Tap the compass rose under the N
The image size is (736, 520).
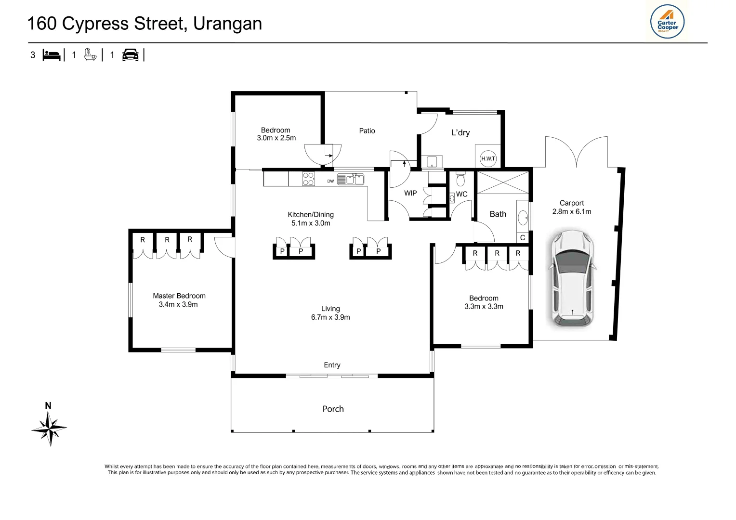coord(50,428)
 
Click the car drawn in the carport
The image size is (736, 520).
coord(572,278)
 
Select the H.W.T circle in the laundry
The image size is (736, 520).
coord(488,158)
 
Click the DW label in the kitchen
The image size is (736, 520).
coord(330,182)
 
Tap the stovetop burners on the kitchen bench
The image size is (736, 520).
coord(308,179)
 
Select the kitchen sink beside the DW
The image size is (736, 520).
coord(351,180)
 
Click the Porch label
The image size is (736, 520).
coord(333,409)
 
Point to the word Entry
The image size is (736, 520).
coord(332,365)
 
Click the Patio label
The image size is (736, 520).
coord(367,131)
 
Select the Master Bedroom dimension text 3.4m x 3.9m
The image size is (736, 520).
coord(178,304)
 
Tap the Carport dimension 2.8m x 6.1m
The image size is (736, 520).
coord(572,211)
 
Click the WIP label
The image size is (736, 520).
coord(410,193)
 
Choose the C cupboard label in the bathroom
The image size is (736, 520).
coord(523,238)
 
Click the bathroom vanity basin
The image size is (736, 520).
coord(523,218)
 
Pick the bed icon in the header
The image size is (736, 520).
coord(52,55)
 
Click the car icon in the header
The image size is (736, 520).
coord(130,55)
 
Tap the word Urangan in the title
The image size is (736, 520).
coord(227,24)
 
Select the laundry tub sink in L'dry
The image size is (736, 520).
coord(432,161)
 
